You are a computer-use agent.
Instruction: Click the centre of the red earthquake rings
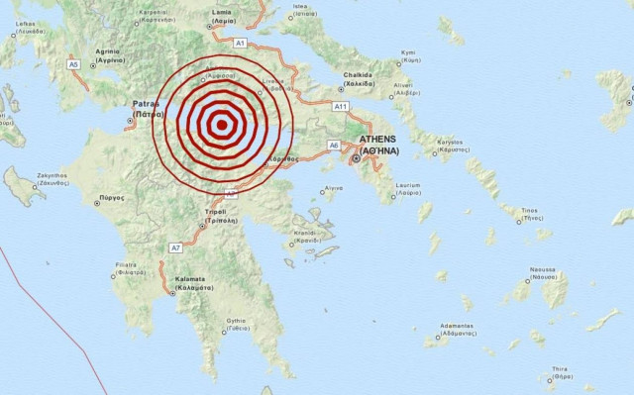[223, 125]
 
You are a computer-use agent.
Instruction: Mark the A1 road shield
[240, 44]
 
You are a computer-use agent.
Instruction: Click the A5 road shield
[73, 64]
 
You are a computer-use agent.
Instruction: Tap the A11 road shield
[341, 106]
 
